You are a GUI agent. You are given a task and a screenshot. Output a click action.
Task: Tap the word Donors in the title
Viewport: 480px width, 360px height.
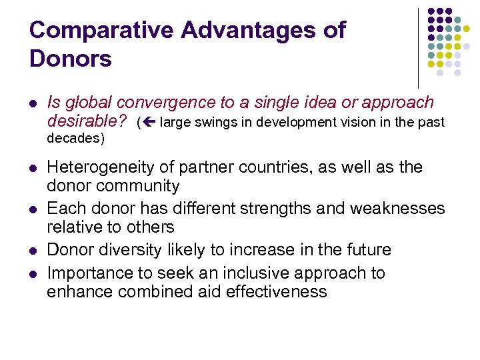coord(71,59)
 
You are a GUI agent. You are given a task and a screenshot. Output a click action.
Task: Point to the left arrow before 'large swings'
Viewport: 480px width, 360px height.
coord(149,122)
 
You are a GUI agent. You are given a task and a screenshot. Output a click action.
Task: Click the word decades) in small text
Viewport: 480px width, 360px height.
coord(76,139)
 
